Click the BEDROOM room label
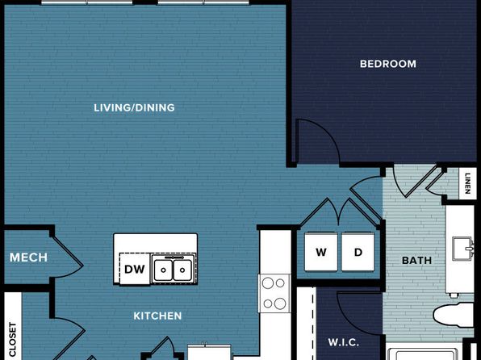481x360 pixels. (387, 64)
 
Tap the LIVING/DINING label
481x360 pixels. (134, 107)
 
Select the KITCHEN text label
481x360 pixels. (157, 316)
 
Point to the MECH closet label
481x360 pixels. (28, 257)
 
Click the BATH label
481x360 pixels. (416, 261)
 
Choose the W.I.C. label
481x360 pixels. (344, 342)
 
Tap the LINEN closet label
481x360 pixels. (467, 183)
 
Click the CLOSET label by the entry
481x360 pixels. (13, 340)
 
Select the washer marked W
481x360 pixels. (321, 252)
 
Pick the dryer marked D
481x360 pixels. (358, 252)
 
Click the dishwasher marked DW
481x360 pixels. (134, 269)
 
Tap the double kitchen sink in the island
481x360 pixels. (174, 270)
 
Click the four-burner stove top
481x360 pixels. (274, 293)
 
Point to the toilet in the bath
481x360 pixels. (454, 314)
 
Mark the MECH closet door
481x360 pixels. (66, 257)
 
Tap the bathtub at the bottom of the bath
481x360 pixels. (425, 352)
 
